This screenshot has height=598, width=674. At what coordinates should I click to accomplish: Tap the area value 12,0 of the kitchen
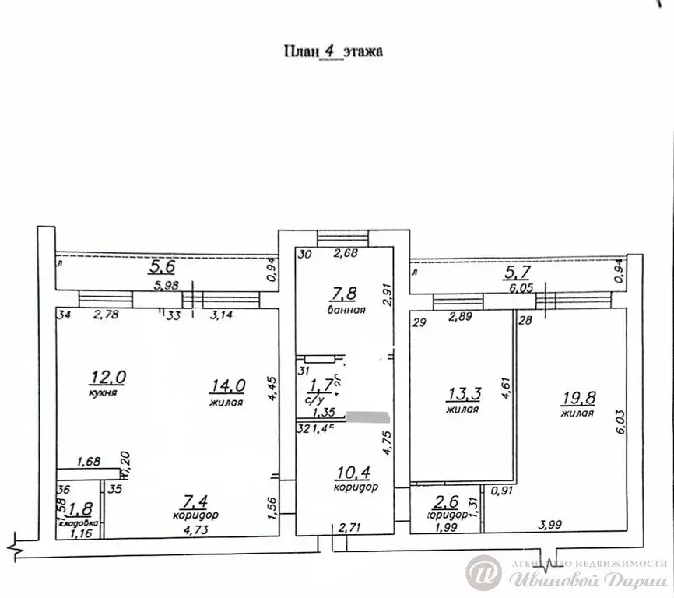pos(108,378)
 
